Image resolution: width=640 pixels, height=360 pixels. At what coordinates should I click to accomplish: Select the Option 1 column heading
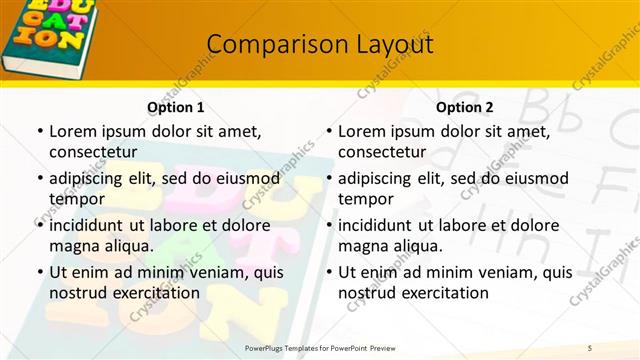pyautogui.click(x=176, y=107)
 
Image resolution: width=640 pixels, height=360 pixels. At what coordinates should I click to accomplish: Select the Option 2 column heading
pyautogui.click(x=465, y=107)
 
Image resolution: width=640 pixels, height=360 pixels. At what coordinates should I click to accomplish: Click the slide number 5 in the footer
pyautogui.click(x=590, y=347)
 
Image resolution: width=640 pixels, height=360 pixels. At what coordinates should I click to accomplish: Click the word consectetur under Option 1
pyautogui.click(x=93, y=152)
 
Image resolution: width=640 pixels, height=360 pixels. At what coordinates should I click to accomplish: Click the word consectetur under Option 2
pyautogui.click(x=382, y=152)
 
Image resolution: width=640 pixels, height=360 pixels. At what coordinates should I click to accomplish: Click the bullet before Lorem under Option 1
pyautogui.click(x=39, y=132)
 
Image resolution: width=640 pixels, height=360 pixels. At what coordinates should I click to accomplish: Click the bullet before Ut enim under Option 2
pyautogui.click(x=328, y=271)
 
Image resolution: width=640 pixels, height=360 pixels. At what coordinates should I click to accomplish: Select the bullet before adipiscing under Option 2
pyautogui.click(x=328, y=179)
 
